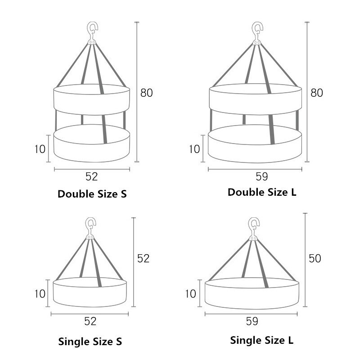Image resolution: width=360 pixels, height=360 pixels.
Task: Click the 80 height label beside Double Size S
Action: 147,93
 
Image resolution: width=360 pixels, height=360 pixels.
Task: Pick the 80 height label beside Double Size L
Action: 317,93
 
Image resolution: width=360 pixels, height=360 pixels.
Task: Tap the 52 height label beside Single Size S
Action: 143,258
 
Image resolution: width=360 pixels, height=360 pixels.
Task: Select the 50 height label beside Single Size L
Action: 315,258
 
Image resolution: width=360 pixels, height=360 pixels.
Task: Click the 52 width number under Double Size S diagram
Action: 92,176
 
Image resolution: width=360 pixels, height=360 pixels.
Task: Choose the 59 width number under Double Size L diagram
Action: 262,176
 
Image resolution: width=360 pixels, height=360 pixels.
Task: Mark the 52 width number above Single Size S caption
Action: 90,321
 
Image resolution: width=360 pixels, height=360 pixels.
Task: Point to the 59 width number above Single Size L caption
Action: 252,321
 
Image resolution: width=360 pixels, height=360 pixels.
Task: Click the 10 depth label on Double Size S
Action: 40,149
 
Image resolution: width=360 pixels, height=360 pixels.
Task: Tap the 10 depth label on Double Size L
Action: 194,149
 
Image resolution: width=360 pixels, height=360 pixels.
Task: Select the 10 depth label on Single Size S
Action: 40,294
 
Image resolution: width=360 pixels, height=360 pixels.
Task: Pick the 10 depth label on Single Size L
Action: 190,294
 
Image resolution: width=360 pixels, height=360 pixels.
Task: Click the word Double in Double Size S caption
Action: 76,194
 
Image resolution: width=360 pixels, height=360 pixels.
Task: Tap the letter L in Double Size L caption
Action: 294,193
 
